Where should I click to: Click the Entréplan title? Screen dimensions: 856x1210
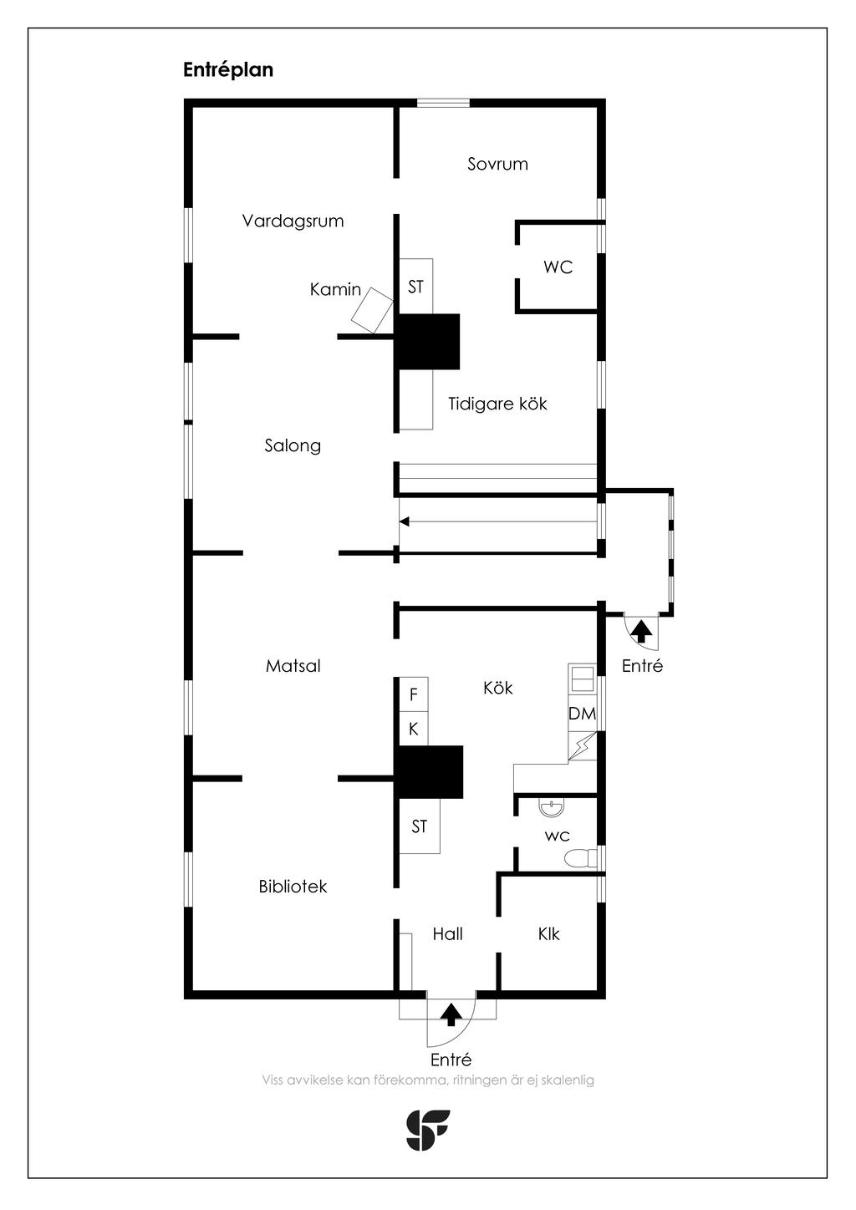click(x=228, y=70)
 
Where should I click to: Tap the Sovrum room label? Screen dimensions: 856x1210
click(x=497, y=165)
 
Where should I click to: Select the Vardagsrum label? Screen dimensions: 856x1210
click(x=293, y=221)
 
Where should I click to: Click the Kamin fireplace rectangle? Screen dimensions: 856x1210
click(x=372, y=311)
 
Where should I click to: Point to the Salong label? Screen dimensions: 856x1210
click(x=293, y=445)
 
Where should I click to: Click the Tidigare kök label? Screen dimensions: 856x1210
click(x=497, y=404)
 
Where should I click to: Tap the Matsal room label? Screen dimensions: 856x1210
click(x=293, y=666)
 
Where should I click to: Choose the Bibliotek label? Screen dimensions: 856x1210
click(x=293, y=887)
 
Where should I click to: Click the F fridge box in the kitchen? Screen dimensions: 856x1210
click(x=414, y=694)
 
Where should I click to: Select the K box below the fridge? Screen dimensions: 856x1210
click(x=414, y=730)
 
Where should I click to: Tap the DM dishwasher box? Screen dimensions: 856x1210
click(x=582, y=714)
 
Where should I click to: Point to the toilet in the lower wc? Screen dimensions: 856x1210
click(x=580, y=858)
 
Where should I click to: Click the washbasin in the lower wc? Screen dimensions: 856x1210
click(x=551, y=809)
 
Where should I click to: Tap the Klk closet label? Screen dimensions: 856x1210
click(x=548, y=934)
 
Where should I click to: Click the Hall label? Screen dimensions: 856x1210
click(x=447, y=934)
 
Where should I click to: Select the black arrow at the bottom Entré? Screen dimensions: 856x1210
click(x=451, y=1014)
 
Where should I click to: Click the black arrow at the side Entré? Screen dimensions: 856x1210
click(x=641, y=631)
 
